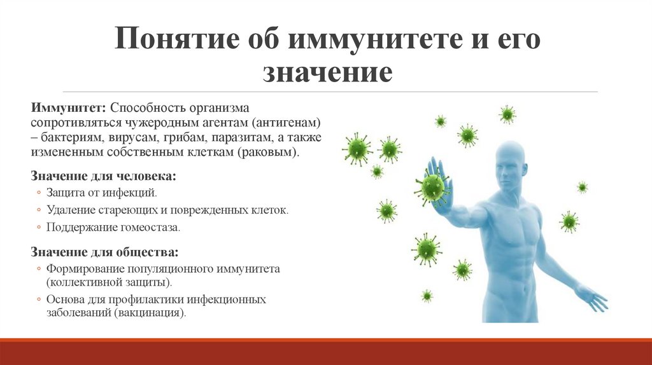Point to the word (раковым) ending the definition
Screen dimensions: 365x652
pyautogui.click(x=270, y=153)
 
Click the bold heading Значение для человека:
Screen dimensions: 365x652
pyautogui.click(x=104, y=175)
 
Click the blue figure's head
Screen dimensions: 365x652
pyautogui.click(x=511, y=164)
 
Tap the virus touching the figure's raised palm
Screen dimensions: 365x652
pyautogui.click(x=431, y=187)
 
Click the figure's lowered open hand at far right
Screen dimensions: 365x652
pyautogui.click(x=593, y=298)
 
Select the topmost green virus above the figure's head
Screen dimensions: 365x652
pyautogui.click(x=507, y=114)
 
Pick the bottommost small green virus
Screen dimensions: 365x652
pyautogui.click(x=427, y=296)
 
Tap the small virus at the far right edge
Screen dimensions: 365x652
pyautogui.click(x=582, y=187)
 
